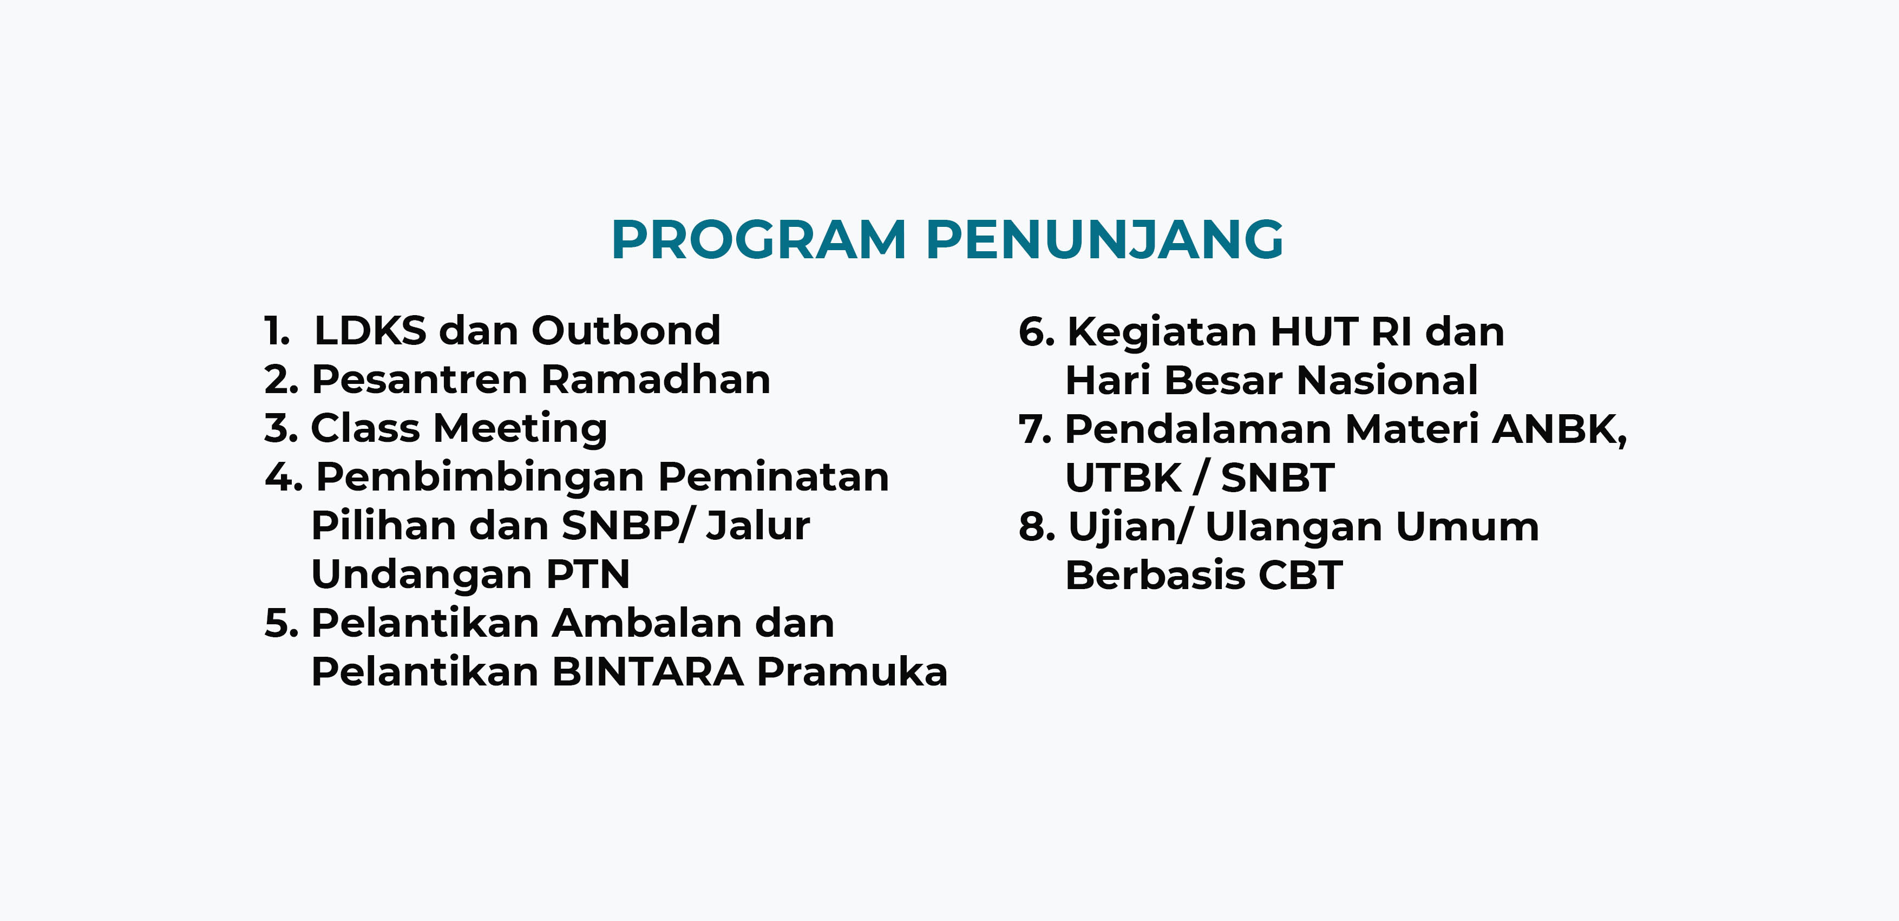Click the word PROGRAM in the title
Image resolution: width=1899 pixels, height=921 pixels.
tap(758, 240)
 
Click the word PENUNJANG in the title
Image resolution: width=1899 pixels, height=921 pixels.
tap(1104, 240)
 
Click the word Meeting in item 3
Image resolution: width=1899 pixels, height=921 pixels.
tap(520, 429)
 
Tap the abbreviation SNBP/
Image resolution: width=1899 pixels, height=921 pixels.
tap(627, 526)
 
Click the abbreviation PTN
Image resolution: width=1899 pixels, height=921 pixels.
tap(587, 574)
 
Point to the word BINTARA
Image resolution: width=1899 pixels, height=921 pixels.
tap(648, 672)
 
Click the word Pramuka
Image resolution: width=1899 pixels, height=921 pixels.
tap(852, 672)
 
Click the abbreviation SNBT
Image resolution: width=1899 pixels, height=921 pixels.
tap(1278, 478)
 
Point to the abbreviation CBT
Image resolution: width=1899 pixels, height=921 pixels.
tap(1300, 575)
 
